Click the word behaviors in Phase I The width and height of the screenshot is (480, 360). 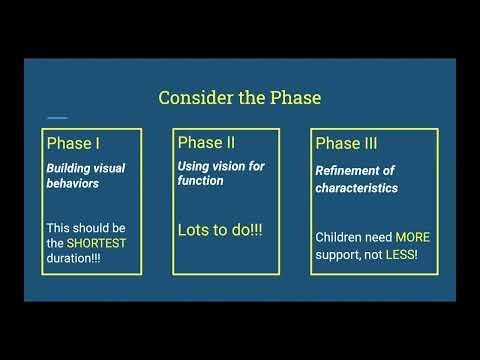tap(75, 185)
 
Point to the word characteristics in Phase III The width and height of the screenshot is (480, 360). tap(356, 187)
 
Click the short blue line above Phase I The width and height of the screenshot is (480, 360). tap(58, 117)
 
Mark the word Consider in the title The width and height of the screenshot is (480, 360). tap(194, 98)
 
